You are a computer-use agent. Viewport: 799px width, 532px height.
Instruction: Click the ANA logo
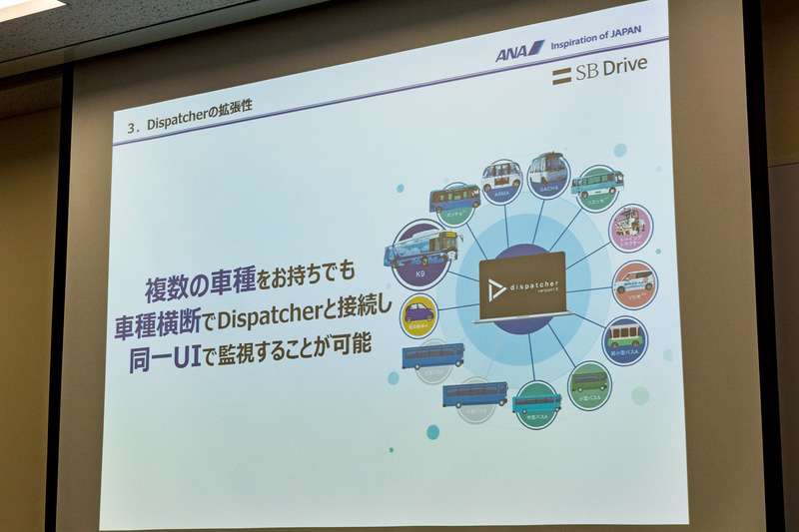(x=518, y=51)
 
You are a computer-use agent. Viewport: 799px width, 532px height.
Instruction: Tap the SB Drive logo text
(x=599, y=69)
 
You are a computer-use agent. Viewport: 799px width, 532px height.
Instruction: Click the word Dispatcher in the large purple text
(x=297, y=317)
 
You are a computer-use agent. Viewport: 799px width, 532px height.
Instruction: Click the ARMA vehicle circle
(x=501, y=178)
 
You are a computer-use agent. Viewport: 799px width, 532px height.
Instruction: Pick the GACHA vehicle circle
(x=547, y=174)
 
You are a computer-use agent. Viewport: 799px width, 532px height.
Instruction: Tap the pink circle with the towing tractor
(x=631, y=227)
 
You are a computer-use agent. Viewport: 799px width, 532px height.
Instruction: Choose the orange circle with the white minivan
(x=634, y=283)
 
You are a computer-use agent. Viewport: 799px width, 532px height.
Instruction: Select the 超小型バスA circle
(x=626, y=337)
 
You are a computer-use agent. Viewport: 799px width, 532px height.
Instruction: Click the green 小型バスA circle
(x=588, y=384)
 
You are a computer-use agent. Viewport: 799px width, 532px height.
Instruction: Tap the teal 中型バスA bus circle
(x=537, y=403)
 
